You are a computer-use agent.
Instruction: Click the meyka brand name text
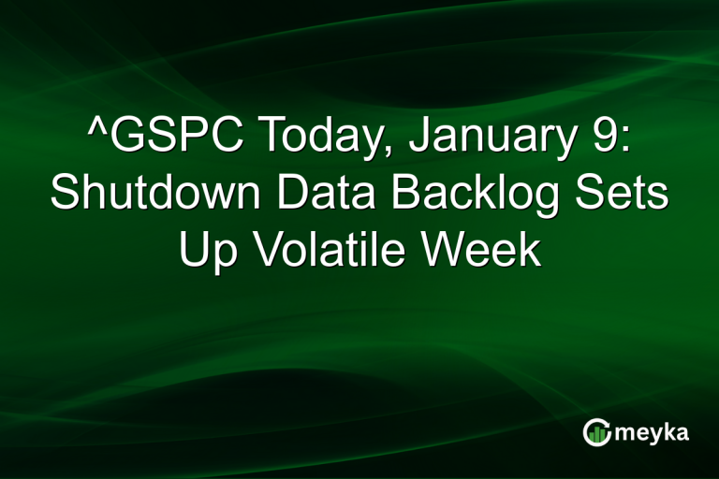[653, 432]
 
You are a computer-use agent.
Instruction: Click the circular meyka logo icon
[597, 432]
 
